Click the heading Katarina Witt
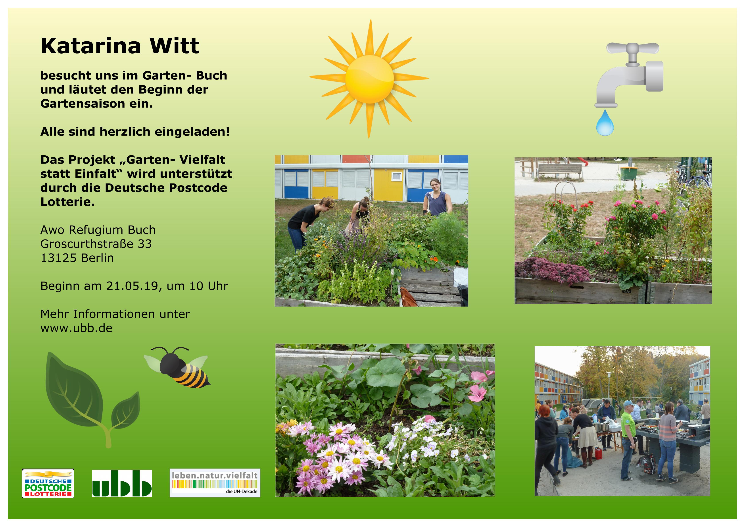[120, 46]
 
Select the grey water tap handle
[633, 49]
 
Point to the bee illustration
[177, 368]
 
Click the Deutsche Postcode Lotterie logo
[48, 483]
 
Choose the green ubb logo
[122, 483]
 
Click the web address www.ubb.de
[77, 328]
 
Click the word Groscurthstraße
[87, 244]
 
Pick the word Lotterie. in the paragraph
[67, 202]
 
